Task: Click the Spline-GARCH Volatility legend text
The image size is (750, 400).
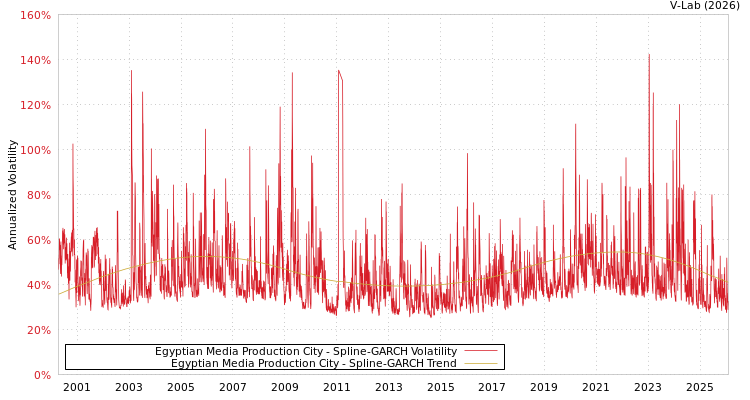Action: pyautogui.click(x=305, y=352)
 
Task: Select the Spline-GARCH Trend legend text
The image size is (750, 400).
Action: pyautogui.click(x=313, y=364)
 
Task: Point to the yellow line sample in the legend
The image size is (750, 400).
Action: pyautogui.click(x=480, y=364)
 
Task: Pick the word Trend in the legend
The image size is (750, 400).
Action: pyautogui.click(x=439, y=364)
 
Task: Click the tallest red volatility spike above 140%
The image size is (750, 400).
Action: pyautogui.click(x=648, y=56)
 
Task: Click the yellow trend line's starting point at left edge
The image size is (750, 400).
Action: pyautogui.click(x=59, y=294)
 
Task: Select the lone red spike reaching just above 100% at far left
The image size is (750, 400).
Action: pyautogui.click(x=72, y=145)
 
